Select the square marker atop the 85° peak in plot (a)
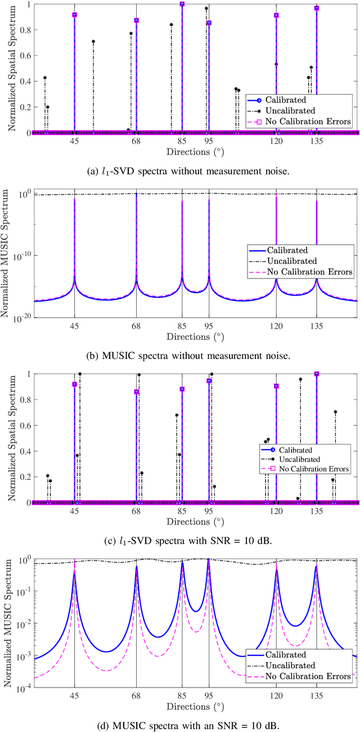[x=182, y=4]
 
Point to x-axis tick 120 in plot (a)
[x=276, y=142]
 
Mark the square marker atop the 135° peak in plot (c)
[x=317, y=374]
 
